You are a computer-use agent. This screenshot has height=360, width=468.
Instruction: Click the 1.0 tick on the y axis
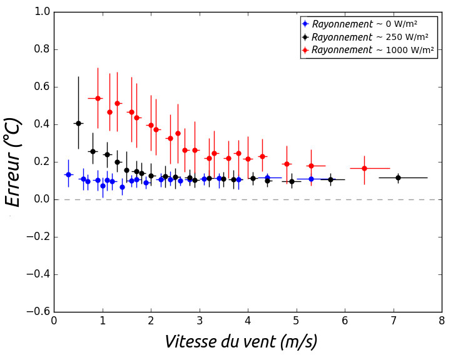[43, 12]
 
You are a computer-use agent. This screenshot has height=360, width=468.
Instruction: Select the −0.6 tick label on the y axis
[39, 312]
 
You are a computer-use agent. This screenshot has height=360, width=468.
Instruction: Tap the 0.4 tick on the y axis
[43, 124]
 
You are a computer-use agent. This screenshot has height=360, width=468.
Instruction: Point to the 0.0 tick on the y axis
[43, 199]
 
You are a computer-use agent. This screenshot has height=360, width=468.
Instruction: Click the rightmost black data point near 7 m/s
[398, 177]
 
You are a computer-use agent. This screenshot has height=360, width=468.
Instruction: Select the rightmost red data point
[364, 168]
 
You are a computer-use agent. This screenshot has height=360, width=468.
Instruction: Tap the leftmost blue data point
[68, 174]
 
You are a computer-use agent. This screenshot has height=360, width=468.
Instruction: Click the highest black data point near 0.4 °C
[78, 123]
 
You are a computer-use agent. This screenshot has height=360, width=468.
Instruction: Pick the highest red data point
[98, 98]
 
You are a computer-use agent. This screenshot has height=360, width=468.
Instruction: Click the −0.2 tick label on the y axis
[39, 237]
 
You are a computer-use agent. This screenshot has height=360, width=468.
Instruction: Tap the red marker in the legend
[305, 50]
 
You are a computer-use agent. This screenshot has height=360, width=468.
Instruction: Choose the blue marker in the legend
[305, 24]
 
